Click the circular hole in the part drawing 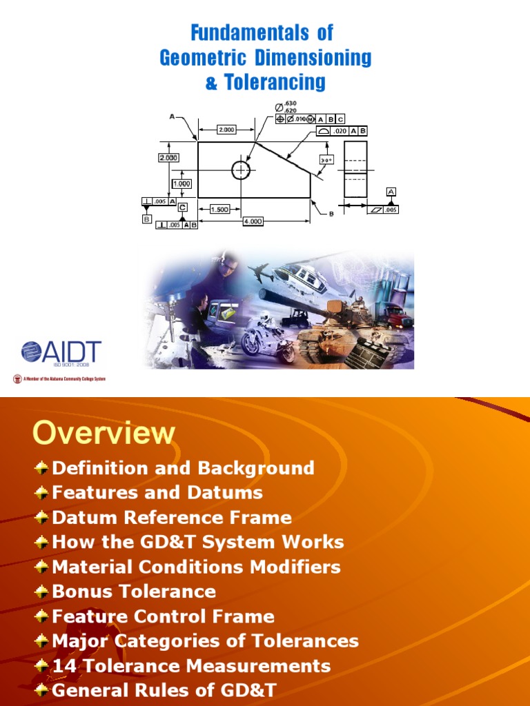(x=241, y=170)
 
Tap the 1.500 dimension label (x=219, y=210)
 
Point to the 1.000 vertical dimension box (x=182, y=184)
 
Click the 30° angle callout (x=326, y=160)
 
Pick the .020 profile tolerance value (x=340, y=130)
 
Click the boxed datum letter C (x=182, y=207)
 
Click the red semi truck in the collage (x=397, y=317)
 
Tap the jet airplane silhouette (x=261, y=273)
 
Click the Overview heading (x=104, y=433)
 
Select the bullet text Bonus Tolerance (x=134, y=592)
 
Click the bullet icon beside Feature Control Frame (x=41, y=616)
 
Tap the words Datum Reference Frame (x=172, y=517)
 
